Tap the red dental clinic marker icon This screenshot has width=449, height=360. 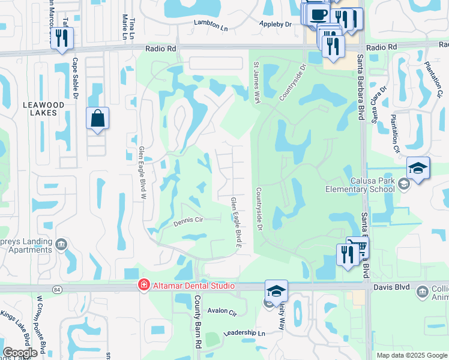[143, 286]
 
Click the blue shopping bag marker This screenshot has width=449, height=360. [97, 118]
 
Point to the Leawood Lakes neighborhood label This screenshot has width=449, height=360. [43, 109]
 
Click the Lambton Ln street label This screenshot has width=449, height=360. [210, 23]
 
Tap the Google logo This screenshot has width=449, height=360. [20, 353]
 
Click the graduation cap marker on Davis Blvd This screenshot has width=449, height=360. [276, 291]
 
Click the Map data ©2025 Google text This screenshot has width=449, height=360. [412, 355]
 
